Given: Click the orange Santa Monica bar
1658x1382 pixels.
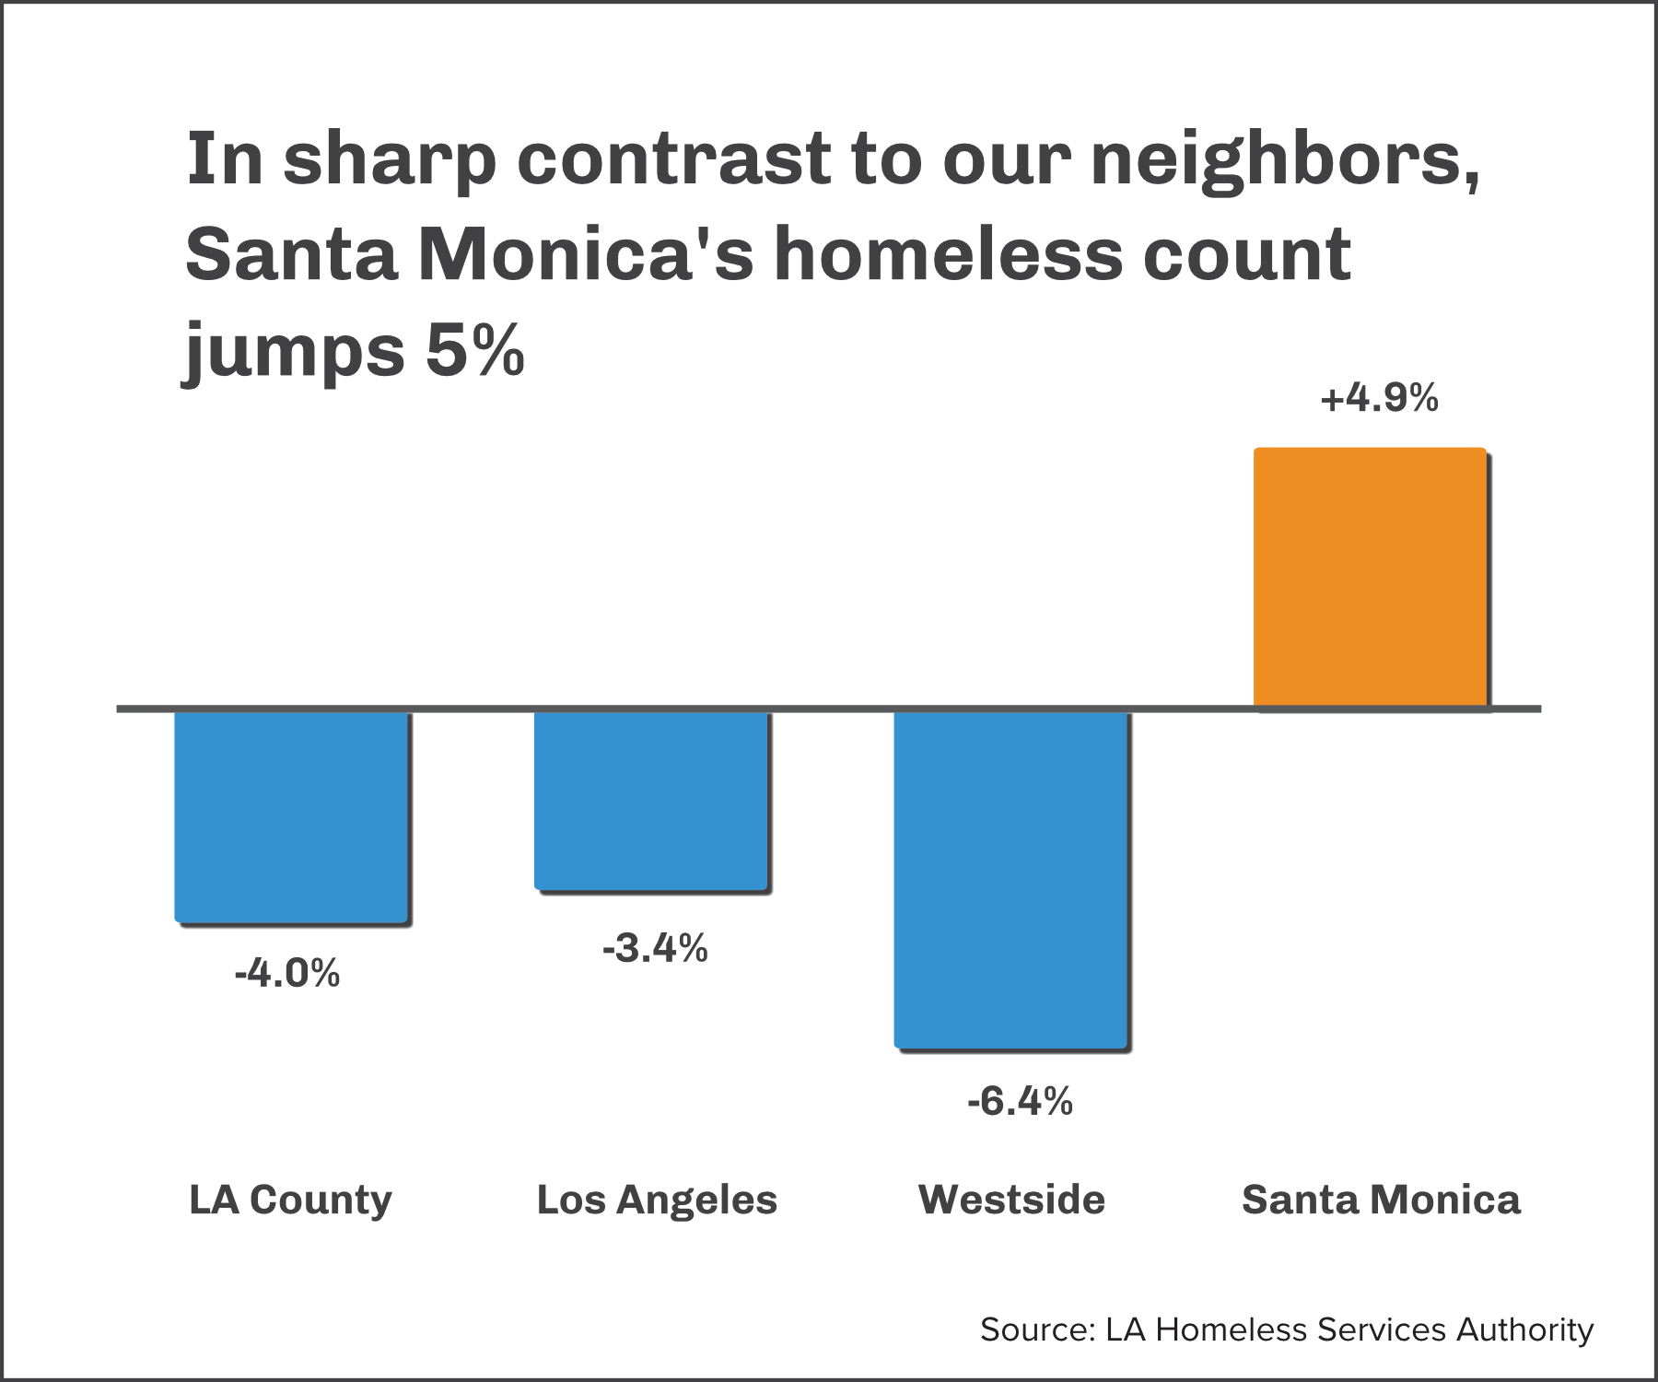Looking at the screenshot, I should pos(1370,578).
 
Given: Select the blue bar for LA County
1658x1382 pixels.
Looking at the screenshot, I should pos(291,815).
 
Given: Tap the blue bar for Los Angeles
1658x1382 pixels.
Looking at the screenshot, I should pos(651,800).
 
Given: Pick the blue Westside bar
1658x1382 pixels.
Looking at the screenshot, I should pos(1010,879).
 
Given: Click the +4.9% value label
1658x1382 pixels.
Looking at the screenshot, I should pos(1379,398).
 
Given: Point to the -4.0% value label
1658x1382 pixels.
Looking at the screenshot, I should pos(287,973).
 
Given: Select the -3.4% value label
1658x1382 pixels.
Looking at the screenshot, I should pos(655,948).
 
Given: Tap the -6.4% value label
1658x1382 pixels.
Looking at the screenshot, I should pos(1020,1101).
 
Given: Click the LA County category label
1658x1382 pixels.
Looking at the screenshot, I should pos(290,1200).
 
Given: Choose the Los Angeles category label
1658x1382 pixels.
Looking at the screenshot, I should pos(657,1200).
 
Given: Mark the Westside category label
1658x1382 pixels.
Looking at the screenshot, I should pos(1011,1200).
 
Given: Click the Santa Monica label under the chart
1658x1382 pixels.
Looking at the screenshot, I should pos(1381,1200).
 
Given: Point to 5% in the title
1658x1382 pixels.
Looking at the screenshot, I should pos(475,350).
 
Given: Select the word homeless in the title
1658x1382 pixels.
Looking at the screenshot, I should pos(949,254).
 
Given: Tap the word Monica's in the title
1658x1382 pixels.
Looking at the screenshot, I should pos(586,254).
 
